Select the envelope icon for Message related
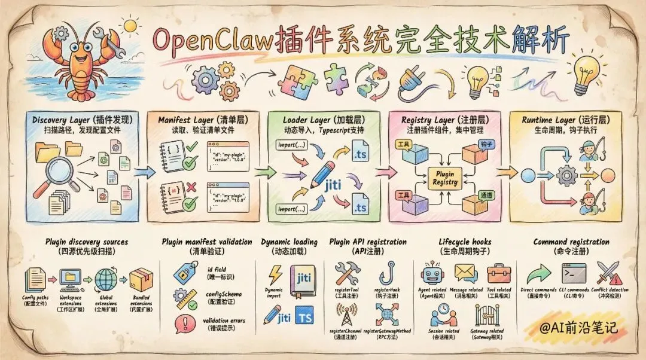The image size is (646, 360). click(465, 273)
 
